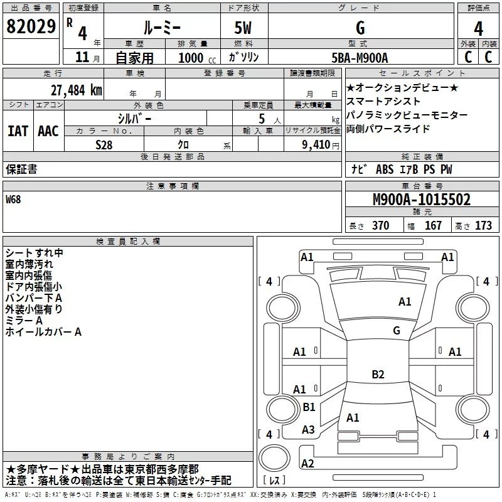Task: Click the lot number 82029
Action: click(30, 28)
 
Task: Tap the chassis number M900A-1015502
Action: click(421, 200)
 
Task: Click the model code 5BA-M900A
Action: click(360, 58)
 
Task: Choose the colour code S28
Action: click(105, 144)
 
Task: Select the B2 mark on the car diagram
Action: click(378, 375)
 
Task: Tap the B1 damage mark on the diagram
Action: click(309, 407)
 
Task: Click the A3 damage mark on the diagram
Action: click(308, 430)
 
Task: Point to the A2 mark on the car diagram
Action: click(307, 464)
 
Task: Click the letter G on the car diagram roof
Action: click(396, 330)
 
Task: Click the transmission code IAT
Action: click(18, 131)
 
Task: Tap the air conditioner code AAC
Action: click(48, 131)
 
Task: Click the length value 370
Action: click(380, 226)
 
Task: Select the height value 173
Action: click(483, 226)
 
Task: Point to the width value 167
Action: click(433, 226)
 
